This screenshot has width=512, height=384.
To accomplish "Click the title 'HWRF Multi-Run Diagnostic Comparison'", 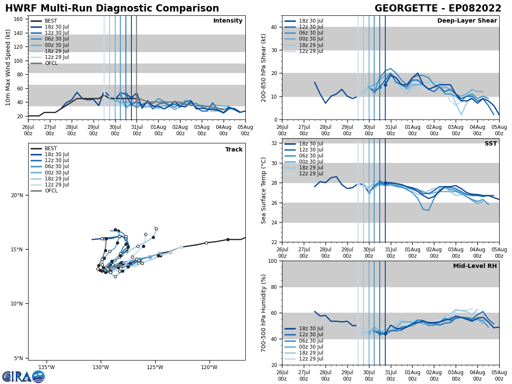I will click(x=112, y=9).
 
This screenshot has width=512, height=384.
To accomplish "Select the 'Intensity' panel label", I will click(x=228, y=21).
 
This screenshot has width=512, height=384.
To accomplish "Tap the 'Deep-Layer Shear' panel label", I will click(x=467, y=21).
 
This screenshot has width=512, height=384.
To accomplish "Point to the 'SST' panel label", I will click(x=491, y=144).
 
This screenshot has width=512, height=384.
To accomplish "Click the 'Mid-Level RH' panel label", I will click(x=475, y=266).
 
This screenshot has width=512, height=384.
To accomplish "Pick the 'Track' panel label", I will click(x=234, y=150).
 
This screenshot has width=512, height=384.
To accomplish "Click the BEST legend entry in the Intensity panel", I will click(x=50, y=21).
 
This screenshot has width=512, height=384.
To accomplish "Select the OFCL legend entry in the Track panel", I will click(x=50, y=191).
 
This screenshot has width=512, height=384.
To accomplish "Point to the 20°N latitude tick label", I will click(x=17, y=195).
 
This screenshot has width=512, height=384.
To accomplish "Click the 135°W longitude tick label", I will click(x=47, y=367).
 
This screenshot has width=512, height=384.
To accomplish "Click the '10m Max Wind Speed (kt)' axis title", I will click(x=8, y=67).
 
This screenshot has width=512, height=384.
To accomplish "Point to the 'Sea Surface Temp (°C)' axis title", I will click(x=264, y=190).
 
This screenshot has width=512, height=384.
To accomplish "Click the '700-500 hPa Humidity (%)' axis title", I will click(x=264, y=313).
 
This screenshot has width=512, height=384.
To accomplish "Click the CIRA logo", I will click(x=23, y=377).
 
